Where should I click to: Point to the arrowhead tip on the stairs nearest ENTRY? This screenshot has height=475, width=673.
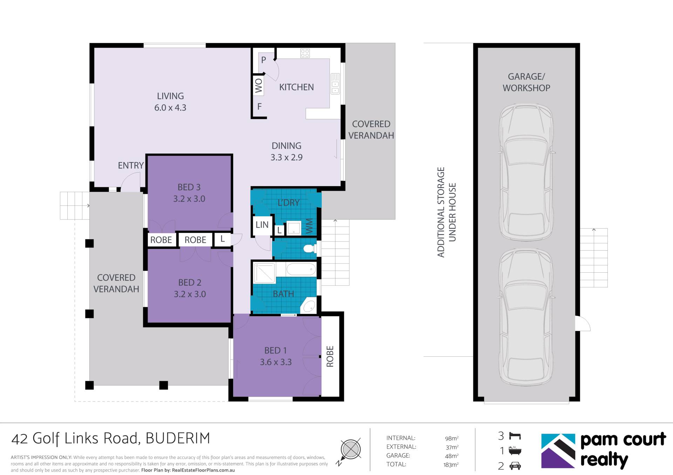click(89, 205)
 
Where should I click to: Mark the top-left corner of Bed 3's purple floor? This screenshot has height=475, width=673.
click(148, 156)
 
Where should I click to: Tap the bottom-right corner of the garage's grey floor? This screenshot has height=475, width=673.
click(575, 397)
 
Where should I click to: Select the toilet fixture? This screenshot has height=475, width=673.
click(310, 249)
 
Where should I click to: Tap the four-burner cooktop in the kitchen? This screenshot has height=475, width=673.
click(305, 53)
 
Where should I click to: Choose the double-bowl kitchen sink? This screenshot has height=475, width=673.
click(335, 84)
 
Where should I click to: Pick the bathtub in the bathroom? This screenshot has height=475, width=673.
click(301, 270)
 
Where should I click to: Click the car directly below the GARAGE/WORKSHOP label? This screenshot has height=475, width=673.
click(526, 172)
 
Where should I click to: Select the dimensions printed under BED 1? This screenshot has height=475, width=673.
click(276, 362)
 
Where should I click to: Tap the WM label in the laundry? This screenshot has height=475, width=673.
click(309, 226)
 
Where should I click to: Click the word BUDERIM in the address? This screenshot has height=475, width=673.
click(178, 438)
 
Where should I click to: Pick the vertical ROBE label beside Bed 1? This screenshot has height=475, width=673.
click(330, 356)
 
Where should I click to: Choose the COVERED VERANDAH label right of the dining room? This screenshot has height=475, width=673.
click(371, 130)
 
